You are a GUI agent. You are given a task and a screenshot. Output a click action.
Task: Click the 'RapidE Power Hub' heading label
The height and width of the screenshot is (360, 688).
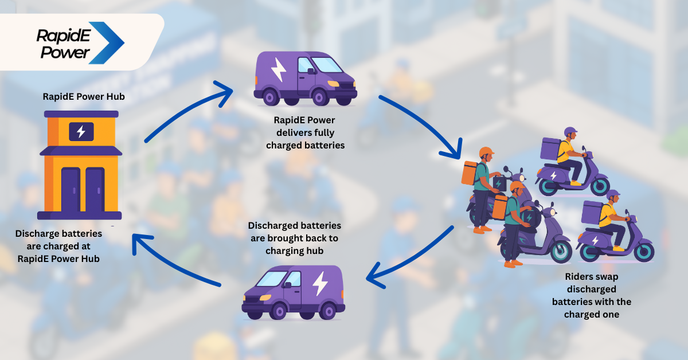(84, 96)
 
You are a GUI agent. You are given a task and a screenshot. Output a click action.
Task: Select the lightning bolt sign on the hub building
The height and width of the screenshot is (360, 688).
(81, 132)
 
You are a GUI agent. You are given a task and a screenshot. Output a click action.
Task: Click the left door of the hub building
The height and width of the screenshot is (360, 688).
(71, 189)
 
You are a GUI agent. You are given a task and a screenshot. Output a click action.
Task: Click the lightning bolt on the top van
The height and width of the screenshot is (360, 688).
(279, 69)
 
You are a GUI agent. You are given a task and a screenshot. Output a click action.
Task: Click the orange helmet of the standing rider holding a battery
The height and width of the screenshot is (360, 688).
(486, 153)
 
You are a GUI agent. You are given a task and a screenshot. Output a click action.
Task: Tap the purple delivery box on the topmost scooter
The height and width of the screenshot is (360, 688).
(550, 148)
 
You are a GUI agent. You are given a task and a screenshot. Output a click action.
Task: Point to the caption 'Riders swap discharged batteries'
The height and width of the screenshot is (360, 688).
(592, 295)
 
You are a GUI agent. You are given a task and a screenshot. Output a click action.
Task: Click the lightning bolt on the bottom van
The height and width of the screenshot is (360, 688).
(319, 283)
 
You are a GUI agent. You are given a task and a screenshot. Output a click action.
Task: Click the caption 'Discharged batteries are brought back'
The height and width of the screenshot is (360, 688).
(295, 238)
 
